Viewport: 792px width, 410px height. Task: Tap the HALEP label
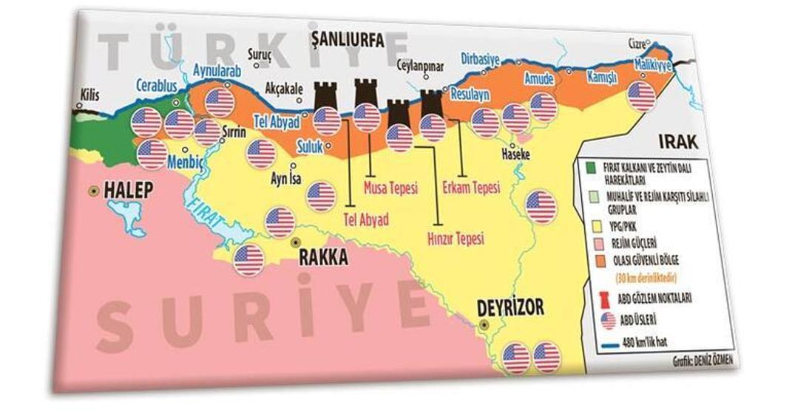128,190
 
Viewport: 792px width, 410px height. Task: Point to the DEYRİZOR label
510,306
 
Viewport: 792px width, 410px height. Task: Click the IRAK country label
677,142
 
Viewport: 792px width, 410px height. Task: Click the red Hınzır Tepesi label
456,239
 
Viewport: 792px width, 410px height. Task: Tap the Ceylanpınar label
419,66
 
